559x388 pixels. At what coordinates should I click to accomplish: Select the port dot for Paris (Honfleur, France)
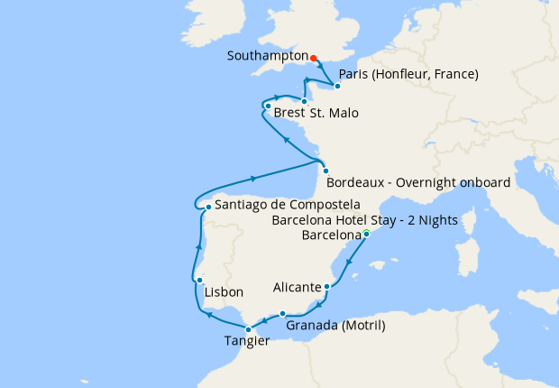coord(337,87)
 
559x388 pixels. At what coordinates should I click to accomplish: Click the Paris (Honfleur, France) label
coord(407,73)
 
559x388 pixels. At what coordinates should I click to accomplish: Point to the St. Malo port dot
coord(305,101)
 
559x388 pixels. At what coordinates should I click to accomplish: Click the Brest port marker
coord(267,106)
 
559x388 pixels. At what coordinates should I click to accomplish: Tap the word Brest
coord(289,115)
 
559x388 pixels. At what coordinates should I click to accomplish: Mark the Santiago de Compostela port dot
coord(208,207)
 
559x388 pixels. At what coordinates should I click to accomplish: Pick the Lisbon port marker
coord(199,281)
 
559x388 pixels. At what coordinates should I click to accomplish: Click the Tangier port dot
coord(248,329)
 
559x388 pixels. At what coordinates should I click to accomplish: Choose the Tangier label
coord(247,342)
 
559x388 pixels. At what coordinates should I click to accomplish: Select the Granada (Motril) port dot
coord(283,314)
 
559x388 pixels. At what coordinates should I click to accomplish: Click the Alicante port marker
coord(326,287)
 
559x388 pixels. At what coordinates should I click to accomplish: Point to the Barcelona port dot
coord(366,235)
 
